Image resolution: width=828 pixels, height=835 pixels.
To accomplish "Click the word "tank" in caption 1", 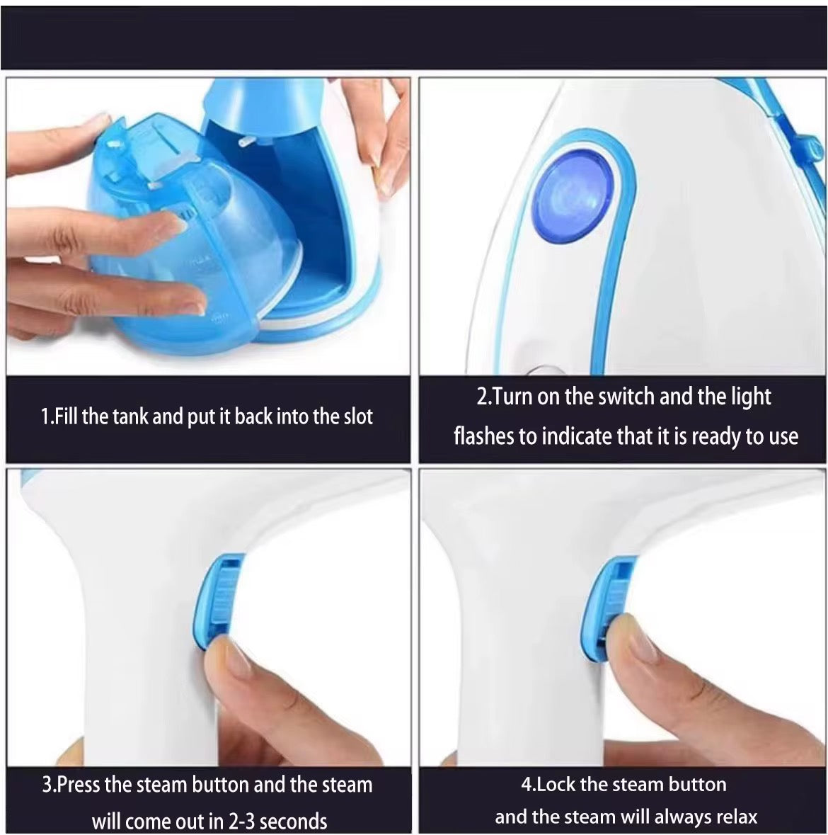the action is (x=131, y=416).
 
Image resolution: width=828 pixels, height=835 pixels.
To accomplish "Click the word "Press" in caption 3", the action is (x=79, y=785).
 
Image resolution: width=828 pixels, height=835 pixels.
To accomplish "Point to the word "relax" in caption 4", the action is (x=737, y=817).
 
